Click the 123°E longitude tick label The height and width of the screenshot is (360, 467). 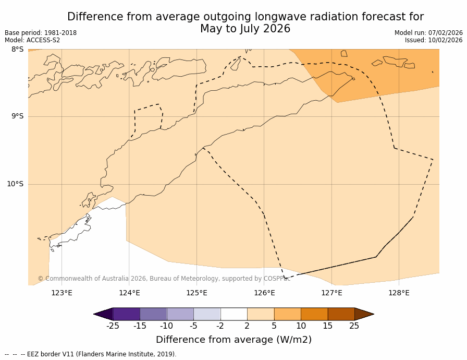click(62, 293)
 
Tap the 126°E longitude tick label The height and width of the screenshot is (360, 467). click(264, 293)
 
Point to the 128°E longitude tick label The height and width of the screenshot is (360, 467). click(399, 293)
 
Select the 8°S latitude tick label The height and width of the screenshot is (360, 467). click(17, 50)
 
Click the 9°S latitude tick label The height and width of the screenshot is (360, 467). click(17, 116)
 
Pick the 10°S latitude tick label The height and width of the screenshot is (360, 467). click(15, 184)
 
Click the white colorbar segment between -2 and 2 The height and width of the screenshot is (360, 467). click(233, 314)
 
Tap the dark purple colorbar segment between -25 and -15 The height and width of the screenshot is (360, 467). click(126, 314)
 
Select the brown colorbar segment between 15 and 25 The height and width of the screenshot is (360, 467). click(341, 314)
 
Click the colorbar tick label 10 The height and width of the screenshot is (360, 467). click(301, 326)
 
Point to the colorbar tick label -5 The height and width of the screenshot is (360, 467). click(193, 326)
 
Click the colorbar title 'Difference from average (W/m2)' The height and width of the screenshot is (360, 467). click(233, 340)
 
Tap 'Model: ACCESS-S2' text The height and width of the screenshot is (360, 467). click(32, 40)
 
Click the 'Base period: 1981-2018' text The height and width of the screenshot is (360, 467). click(41, 33)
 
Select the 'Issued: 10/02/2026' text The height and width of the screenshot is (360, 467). click(434, 40)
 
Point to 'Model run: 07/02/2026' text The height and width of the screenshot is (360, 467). click(428, 33)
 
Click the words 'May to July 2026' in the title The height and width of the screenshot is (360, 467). click(245, 29)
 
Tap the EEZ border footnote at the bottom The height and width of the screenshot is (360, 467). click(91, 354)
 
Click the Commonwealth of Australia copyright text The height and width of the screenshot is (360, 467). click(164, 279)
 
